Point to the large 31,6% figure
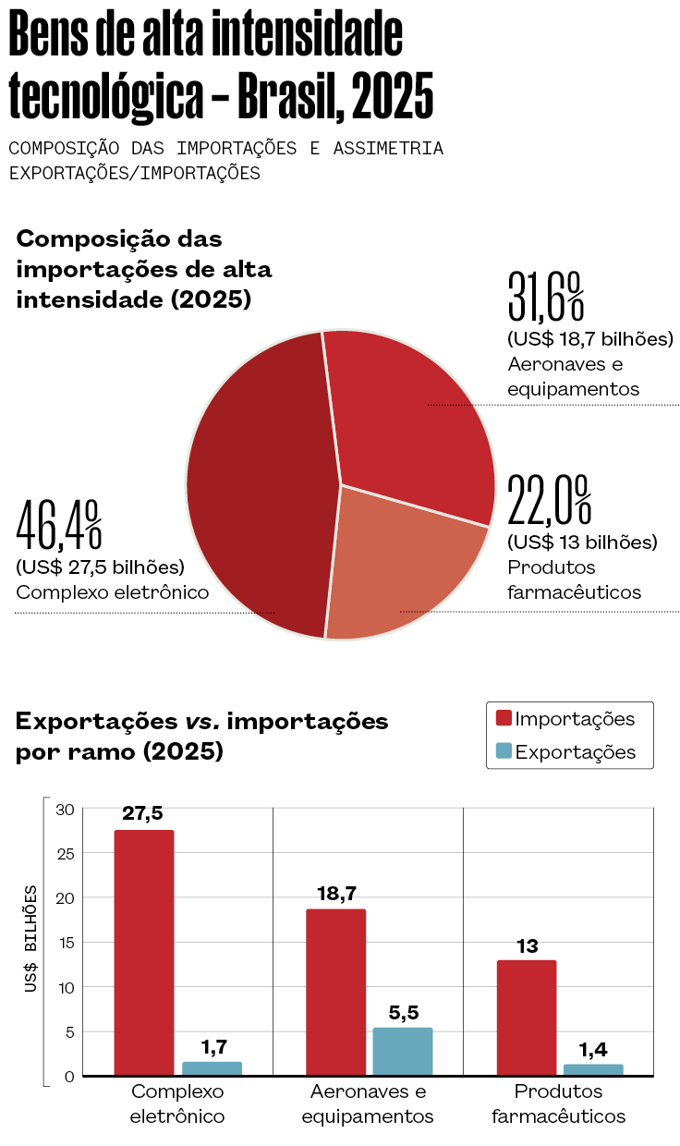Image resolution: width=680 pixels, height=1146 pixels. point(546,296)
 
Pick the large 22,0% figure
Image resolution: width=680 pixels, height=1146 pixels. point(549,500)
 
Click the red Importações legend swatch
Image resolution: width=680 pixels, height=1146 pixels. point(504,718)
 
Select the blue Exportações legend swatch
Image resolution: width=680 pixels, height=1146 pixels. point(504,750)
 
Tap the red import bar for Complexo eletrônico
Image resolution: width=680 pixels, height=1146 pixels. point(144,952)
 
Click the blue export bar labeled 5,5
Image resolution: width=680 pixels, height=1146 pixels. point(402,1051)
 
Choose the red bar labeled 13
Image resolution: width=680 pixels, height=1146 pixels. point(527,1017)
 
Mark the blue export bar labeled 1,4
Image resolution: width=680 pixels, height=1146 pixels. point(593,1070)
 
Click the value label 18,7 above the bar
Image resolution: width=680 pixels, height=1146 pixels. point(336,893)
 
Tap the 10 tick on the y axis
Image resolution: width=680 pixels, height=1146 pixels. point(64,987)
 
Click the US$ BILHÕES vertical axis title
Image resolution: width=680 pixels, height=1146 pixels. point(31,940)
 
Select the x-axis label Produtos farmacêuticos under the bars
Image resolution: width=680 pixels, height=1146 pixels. point(558,1103)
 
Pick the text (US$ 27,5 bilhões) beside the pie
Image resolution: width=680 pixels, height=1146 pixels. point(101,567)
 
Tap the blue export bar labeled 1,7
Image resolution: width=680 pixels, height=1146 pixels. point(212,1068)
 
